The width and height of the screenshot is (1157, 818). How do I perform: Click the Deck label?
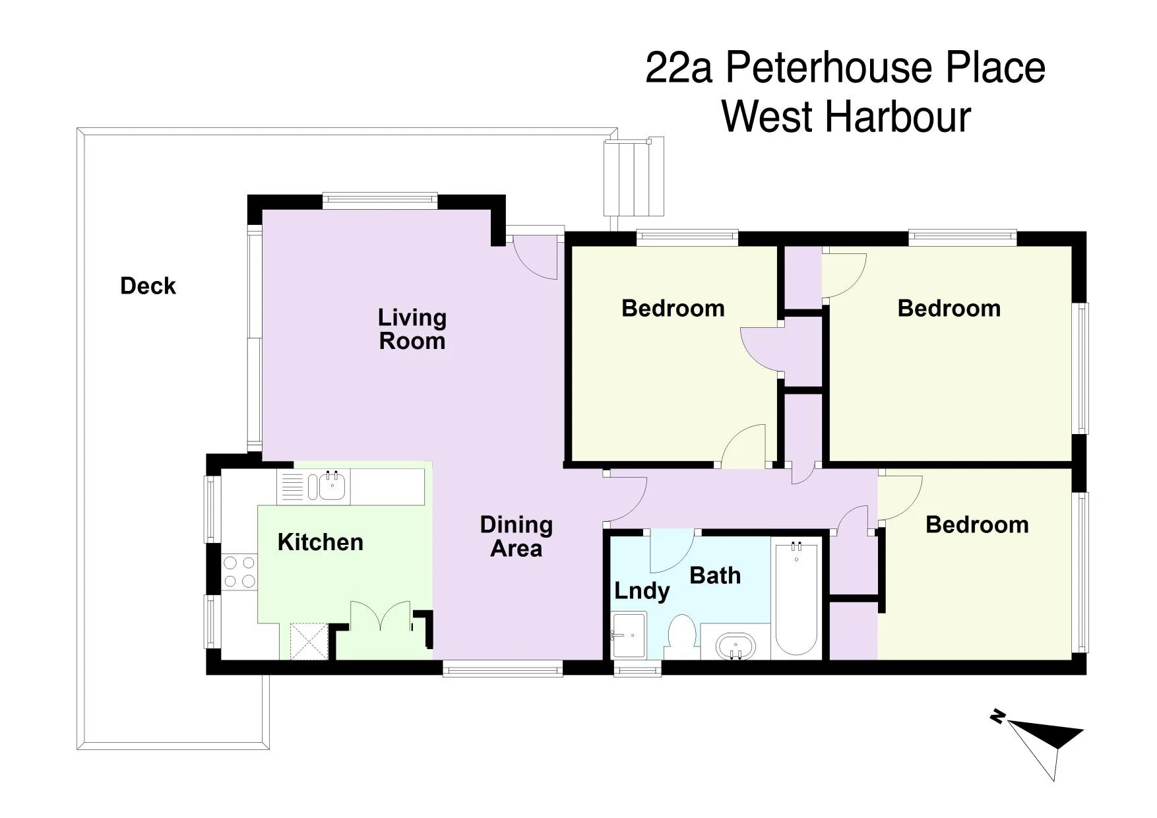click(148, 286)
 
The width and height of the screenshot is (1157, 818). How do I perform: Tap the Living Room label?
click(412, 329)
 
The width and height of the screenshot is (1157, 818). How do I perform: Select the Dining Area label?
click(516, 536)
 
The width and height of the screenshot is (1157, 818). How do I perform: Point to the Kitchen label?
click(320, 542)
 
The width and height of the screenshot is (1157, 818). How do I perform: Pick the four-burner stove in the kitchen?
click(239, 572)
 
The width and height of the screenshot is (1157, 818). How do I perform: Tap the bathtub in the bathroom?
click(797, 598)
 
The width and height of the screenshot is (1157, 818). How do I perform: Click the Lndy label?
click(641, 592)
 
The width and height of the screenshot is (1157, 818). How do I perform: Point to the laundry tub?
click(629, 635)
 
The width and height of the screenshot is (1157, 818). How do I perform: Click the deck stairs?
click(633, 177)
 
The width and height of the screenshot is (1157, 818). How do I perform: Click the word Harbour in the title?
click(898, 117)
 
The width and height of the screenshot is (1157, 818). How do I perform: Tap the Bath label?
click(715, 576)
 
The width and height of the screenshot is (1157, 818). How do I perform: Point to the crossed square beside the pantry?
click(309, 641)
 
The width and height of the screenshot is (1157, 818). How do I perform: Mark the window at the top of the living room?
click(380, 201)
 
